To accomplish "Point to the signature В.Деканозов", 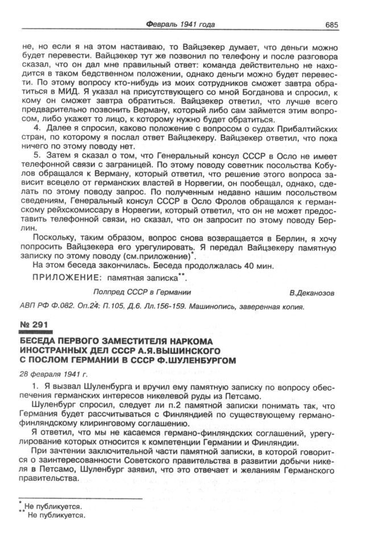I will [312, 293].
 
